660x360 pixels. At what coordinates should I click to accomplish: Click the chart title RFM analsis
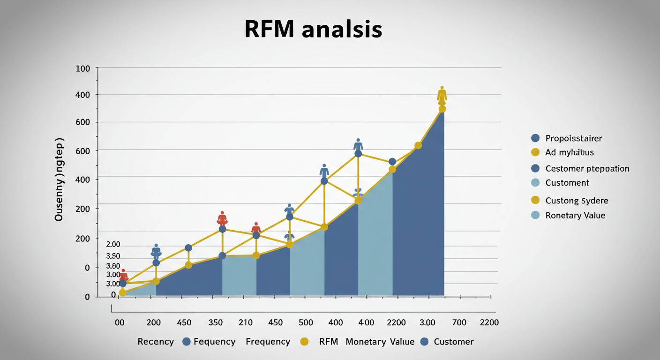[313, 29]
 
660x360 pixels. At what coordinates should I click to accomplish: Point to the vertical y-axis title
[59, 180]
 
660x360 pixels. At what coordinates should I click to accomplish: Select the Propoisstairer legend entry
[573, 138]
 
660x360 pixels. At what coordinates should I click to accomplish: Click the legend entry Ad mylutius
[570, 152]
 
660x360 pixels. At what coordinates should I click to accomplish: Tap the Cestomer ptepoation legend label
[587, 168]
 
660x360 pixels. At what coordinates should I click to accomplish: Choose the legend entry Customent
[567, 182]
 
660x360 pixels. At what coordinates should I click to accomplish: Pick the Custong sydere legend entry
[576, 201]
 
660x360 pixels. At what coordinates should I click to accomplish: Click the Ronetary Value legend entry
[575, 216]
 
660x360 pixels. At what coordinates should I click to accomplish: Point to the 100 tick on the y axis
[82, 68]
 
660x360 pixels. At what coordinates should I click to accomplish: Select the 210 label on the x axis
[245, 322]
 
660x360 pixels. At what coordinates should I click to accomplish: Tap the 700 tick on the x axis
[459, 322]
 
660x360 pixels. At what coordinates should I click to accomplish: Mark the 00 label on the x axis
[120, 322]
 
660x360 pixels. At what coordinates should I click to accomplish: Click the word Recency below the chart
[156, 342]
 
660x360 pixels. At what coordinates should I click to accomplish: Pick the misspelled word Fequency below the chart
[214, 342]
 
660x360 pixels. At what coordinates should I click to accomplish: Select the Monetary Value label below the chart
[380, 342]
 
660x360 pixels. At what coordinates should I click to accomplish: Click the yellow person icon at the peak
[442, 95]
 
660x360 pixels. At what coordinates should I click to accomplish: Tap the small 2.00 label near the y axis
[113, 244]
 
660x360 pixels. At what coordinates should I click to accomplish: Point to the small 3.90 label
[113, 256]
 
